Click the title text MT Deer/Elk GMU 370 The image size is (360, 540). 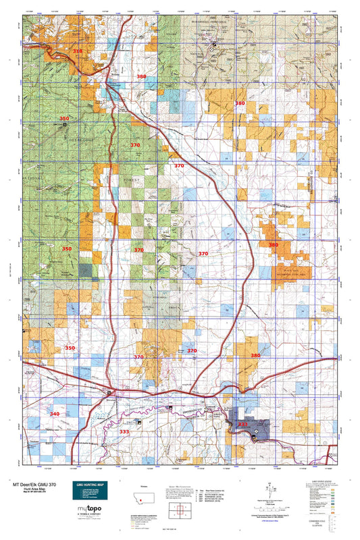click(x=34, y=485)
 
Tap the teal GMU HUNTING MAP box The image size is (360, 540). click(x=90, y=492)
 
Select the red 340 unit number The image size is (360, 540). click(x=55, y=413)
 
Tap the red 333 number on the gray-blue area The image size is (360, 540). click(x=242, y=424)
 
